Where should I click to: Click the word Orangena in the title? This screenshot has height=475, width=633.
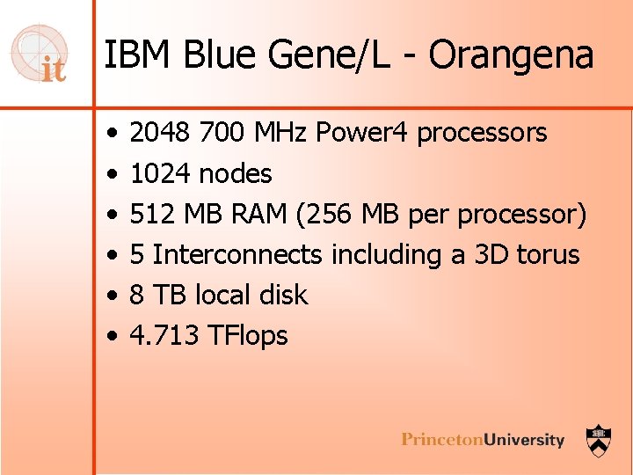(x=512, y=55)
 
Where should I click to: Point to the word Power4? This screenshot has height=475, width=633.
(x=362, y=133)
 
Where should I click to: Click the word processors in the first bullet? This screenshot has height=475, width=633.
(x=482, y=133)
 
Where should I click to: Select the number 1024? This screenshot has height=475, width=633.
(x=161, y=173)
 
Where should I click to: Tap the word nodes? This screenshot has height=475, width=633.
(x=236, y=173)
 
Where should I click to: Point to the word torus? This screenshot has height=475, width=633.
(x=548, y=254)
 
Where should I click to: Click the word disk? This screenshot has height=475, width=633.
(x=282, y=295)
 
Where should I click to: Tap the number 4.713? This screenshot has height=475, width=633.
(x=163, y=335)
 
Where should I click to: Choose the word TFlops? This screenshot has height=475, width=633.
(x=248, y=335)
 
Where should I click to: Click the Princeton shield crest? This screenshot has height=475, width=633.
(x=600, y=438)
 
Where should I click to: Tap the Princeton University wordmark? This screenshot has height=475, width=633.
(x=483, y=439)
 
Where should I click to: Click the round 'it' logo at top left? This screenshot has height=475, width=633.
(x=40, y=55)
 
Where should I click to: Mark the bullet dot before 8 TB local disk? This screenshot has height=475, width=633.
(x=113, y=296)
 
